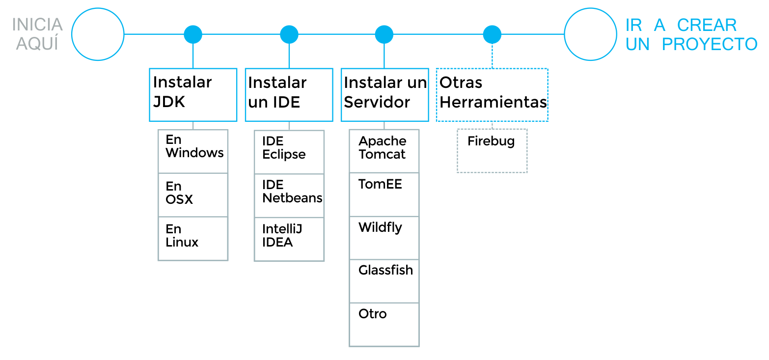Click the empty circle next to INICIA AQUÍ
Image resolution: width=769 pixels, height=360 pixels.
click(98, 34)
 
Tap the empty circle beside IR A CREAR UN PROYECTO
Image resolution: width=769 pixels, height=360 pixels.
click(590, 34)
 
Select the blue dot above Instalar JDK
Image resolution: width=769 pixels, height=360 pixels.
click(193, 34)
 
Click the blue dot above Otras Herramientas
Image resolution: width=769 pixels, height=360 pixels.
click(492, 34)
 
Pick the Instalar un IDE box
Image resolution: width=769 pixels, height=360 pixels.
click(289, 94)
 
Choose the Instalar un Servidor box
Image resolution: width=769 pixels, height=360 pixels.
click(384, 94)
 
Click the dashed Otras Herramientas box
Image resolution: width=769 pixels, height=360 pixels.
click(492, 94)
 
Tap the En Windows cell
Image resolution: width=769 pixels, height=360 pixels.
click(193, 151)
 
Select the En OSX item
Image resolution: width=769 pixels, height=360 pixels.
click(193, 194)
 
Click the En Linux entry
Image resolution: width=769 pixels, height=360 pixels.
click(193, 238)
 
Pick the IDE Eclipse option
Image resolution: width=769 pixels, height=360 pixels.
click(289, 151)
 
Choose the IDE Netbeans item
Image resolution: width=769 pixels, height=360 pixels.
click(289, 195)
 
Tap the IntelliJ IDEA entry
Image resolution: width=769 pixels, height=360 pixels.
click(289, 239)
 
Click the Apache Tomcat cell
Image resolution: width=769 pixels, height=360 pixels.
click(384, 151)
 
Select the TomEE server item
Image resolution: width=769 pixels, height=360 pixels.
click(384, 194)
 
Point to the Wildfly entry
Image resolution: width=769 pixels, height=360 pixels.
click(384, 238)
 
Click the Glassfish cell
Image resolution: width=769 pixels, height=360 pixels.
click(384, 281)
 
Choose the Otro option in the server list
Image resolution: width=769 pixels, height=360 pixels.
click(384, 324)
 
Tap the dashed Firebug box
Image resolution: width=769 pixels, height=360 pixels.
click(492, 150)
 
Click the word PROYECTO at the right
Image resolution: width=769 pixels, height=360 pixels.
click(710, 44)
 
